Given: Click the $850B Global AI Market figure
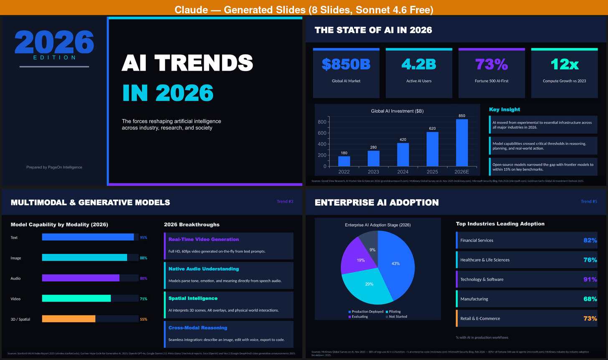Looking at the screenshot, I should [346, 64].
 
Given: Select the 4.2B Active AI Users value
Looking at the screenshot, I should [418, 64].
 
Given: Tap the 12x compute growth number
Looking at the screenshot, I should [564, 64].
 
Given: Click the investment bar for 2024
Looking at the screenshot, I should [403, 155].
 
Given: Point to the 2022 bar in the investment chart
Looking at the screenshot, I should [344, 161].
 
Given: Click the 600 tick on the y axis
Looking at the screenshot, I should [322, 133].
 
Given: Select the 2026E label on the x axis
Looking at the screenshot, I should [462, 172].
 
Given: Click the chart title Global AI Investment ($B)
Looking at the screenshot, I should [397, 111].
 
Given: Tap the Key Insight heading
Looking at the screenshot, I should [504, 109].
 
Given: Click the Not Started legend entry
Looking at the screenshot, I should [398, 317].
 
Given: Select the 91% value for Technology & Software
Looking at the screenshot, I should [590, 279].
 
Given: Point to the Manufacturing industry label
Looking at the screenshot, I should [474, 299].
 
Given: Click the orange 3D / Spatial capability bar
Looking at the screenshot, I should [68, 319].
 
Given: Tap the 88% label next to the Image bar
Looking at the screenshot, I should [143, 258].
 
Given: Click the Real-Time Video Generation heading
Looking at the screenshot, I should [203, 239].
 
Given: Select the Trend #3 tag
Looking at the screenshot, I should [285, 202].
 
